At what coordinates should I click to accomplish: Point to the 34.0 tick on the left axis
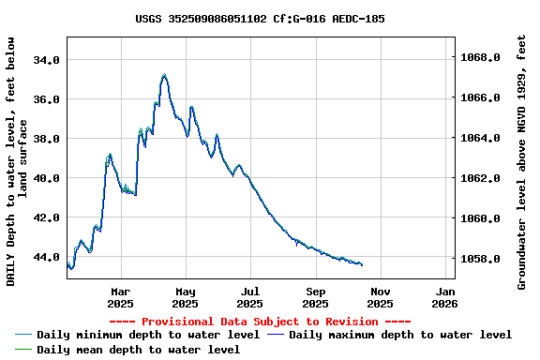46,59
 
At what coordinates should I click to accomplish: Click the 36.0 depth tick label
46,98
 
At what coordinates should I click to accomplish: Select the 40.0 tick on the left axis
46,177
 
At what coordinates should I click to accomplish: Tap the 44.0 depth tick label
46,256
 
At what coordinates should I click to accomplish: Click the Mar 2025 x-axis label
120,297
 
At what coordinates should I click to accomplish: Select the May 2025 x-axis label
186,297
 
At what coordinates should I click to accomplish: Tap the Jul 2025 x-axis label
250,297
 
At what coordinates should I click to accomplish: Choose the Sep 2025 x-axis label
315,297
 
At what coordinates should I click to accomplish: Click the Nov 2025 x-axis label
380,297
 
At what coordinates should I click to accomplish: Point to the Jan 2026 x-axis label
444,297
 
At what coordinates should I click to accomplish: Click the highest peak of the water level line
164,74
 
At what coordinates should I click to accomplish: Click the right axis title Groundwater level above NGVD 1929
522,162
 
